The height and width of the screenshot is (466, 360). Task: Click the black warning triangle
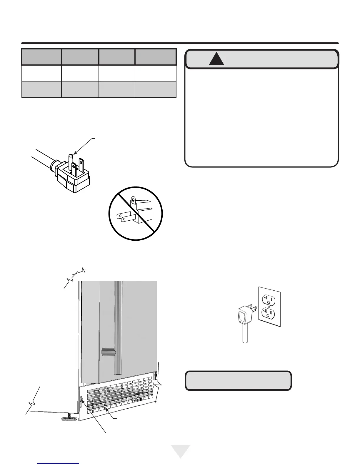(x=216, y=59)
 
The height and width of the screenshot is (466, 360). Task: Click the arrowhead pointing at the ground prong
(x=75, y=152)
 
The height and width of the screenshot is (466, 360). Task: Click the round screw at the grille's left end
(x=81, y=399)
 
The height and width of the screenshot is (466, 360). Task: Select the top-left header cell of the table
(x=41, y=57)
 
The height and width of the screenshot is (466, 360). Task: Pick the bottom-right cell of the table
(x=155, y=89)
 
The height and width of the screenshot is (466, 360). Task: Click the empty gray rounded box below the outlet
(x=238, y=381)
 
